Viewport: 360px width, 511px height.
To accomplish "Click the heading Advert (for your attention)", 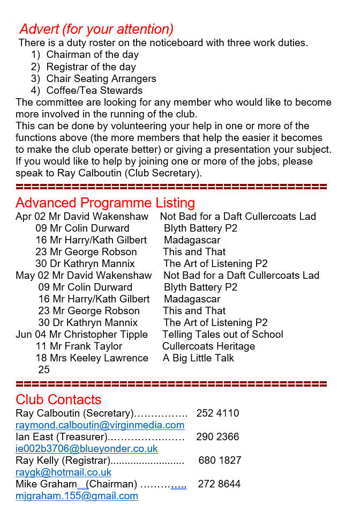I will (96, 29).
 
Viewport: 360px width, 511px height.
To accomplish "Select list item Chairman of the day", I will (92, 55).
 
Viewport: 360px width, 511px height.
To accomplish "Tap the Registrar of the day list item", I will (91, 67).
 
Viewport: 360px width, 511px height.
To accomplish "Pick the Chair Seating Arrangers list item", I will (101, 79).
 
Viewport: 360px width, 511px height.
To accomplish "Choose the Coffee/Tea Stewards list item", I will (94, 91).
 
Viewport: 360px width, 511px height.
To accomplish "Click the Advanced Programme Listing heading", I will (105, 203).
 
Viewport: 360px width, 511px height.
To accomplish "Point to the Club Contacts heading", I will (58, 400).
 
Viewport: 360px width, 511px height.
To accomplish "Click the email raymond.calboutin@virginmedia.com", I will (100, 425).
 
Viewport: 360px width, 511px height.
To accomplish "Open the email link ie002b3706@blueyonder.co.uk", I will (87, 449).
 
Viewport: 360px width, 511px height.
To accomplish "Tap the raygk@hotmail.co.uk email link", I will (64, 472).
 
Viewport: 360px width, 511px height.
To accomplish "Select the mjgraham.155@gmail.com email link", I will (77, 496).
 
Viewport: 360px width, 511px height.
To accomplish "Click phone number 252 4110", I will (217, 413).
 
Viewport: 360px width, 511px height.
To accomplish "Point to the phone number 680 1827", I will (220, 461).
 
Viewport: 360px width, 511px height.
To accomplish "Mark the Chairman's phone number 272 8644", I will (219, 484).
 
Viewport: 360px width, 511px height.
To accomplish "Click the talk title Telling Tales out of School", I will (223, 335).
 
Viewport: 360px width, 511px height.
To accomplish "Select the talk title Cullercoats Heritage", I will (208, 346).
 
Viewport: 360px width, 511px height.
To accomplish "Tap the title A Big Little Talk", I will (199, 358).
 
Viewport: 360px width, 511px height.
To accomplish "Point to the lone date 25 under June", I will (44, 370).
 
